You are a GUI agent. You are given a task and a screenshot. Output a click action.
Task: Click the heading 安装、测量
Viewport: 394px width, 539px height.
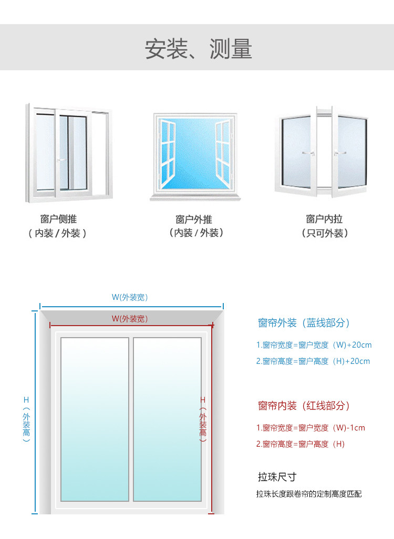pos(198,48)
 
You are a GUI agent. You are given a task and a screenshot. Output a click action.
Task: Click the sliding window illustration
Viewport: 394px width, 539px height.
pos(69,153)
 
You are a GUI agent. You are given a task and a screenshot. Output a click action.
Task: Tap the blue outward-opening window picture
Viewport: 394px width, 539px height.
pos(195,155)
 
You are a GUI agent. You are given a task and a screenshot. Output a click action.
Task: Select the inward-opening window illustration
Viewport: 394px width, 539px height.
pos(322,153)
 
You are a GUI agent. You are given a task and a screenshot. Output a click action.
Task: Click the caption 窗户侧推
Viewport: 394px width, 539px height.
pos(58,219)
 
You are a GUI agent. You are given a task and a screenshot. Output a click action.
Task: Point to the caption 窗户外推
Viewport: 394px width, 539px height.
pos(194,219)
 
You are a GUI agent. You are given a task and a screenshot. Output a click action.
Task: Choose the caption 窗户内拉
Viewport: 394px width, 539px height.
pos(324,219)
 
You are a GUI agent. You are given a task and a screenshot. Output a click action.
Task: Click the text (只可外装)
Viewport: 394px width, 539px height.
pos(325,233)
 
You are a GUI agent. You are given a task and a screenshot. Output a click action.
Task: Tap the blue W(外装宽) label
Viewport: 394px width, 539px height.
pos(130,297)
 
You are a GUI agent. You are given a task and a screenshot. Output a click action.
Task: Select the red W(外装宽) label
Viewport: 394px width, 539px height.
pos(130,319)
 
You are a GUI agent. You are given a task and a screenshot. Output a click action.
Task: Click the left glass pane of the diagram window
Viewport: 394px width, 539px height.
pos(95,419)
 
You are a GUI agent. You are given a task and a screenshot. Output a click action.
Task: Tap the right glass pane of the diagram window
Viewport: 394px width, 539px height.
pos(167,419)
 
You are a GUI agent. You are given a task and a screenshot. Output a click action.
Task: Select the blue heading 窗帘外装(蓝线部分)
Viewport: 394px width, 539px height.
pos(304,323)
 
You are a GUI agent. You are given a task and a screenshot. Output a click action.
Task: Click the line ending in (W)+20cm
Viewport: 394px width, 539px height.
pos(314,345)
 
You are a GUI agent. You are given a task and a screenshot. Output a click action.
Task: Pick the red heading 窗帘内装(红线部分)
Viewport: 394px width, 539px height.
pos(304,406)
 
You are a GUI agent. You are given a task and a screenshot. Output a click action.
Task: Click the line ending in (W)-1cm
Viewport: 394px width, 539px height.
pos(310,428)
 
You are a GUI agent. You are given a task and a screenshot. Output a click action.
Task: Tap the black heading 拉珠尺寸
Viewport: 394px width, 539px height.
pos(277,477)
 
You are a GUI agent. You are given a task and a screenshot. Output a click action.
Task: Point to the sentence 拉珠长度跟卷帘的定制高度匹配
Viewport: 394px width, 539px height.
pos(309,494)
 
